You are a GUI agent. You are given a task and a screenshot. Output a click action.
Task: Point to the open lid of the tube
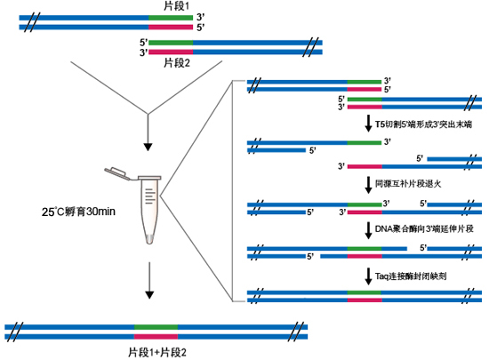[x=117, y=170]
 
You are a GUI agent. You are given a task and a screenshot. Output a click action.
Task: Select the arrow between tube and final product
[x=148, y=281]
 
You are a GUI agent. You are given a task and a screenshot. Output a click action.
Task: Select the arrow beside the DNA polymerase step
[x=366, y=228]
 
